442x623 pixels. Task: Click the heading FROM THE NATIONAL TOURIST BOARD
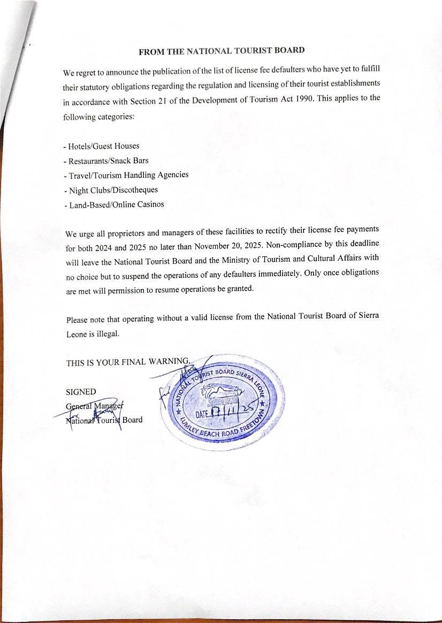(x=222, y=51)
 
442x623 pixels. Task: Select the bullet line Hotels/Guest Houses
(x=101, y=146)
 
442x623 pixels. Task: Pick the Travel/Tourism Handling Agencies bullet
(x=126, y=175)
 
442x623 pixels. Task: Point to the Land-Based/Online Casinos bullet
(x=113, y=204)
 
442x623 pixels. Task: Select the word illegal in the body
(x=108, y=333)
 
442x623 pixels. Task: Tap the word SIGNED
(x=81, y=392)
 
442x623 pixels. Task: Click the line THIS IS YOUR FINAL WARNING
(x=128, y=362)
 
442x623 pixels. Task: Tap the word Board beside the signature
(x=132, y=420)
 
